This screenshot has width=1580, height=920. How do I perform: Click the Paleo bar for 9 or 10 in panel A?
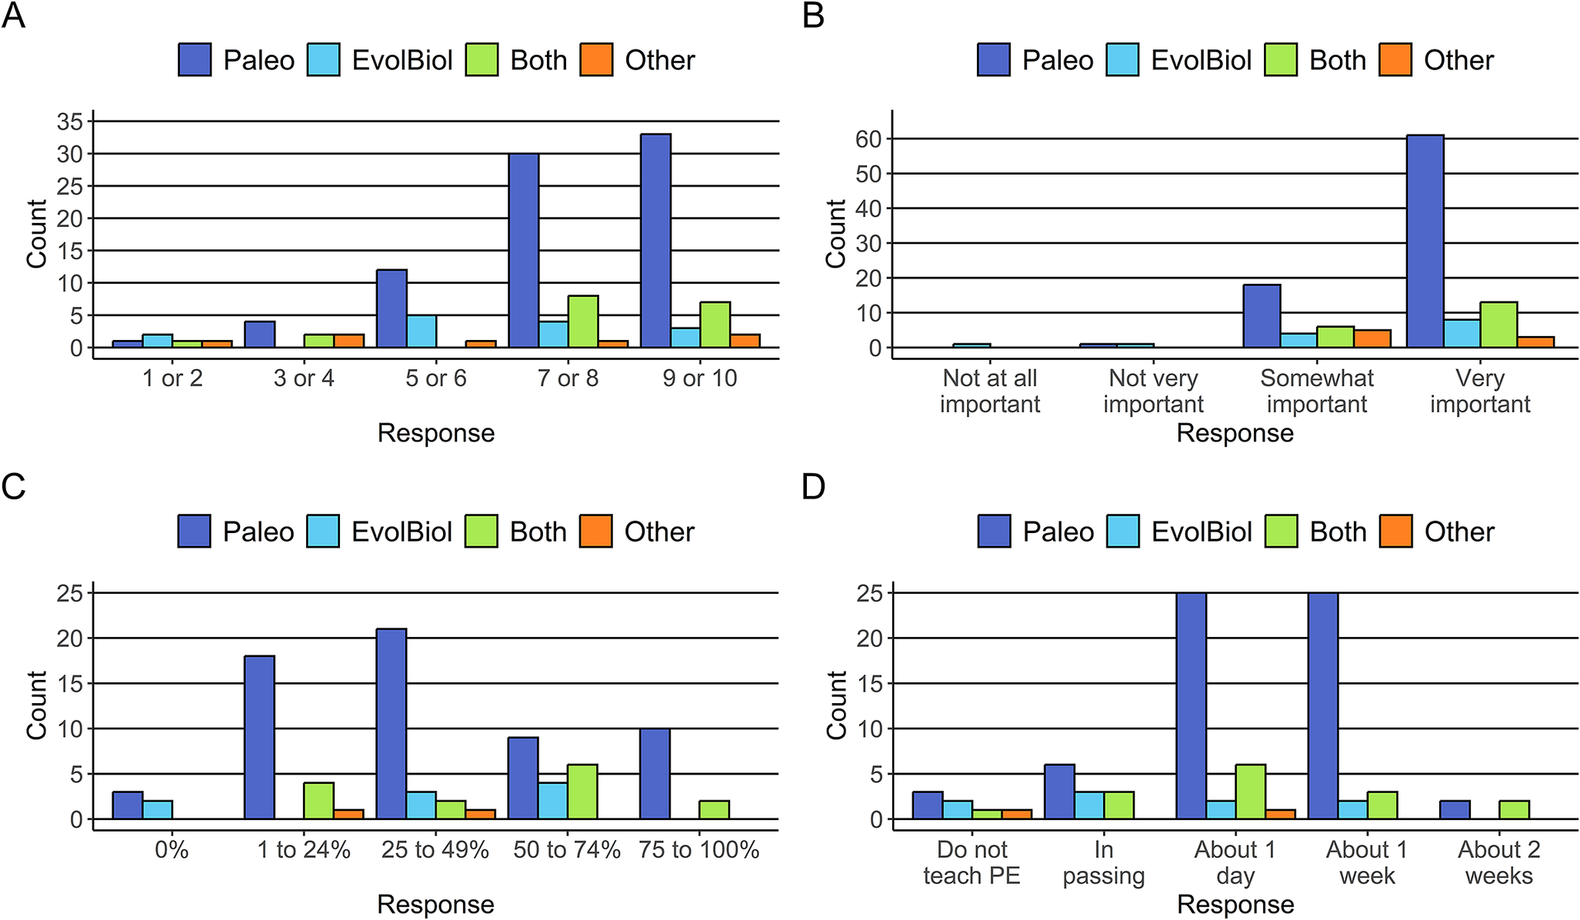pos(655,241)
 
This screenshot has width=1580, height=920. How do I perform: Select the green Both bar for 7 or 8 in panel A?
pos(583,322)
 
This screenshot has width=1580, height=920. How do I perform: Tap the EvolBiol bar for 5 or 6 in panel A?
pos(422,331)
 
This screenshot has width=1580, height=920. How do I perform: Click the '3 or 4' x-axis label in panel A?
pos(304,378)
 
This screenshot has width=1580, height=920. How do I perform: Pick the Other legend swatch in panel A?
pos(596,60)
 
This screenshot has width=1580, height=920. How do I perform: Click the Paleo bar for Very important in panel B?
pos(1425,241)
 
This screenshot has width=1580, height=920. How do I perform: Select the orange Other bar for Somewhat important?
pos(1372,338)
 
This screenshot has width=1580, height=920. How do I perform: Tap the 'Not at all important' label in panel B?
pos(990,391)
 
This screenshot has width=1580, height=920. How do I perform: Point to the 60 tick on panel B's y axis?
pos(869,139)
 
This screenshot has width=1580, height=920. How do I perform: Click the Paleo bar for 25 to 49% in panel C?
pos(392,723)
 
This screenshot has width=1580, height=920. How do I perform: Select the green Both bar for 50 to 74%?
pos(583,792)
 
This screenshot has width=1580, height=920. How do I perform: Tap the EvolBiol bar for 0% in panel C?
pos(158,809)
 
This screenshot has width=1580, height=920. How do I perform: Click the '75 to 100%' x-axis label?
pos(699,850)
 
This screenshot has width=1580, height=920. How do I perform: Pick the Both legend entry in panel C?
pos(517,532)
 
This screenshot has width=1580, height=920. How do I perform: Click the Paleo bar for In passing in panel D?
pos(1059,792)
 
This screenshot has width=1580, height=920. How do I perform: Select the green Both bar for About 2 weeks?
pos(1514,809)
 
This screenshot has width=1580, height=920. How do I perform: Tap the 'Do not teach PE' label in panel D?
pos(972,862)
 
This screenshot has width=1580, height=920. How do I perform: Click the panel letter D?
pos(813,487)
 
